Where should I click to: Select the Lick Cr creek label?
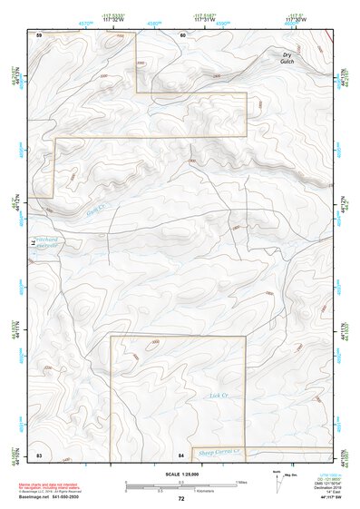216,396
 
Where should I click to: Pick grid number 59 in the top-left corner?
39,34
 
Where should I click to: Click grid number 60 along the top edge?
182,34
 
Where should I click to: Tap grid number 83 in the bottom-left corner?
39,453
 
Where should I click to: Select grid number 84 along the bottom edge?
181,453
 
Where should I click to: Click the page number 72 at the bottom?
180,499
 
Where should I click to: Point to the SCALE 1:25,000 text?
180,475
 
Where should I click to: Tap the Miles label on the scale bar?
241,481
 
